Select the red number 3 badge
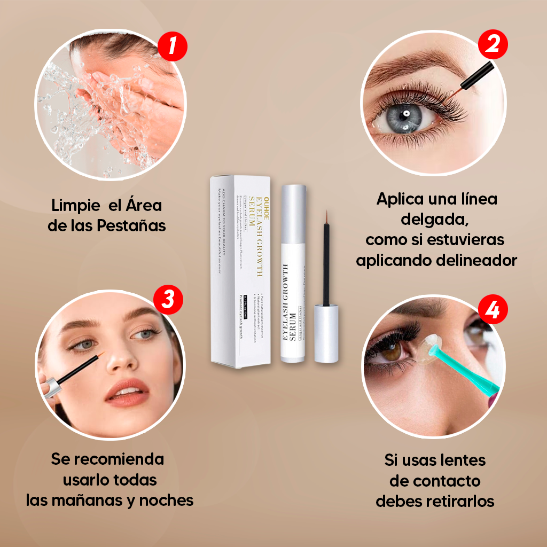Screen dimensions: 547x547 click(x=168, y=300)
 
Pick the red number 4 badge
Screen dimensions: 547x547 click(x=492, y=310)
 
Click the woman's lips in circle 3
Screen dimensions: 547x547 click(x=127, y=394)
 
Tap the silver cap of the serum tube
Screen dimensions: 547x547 click(x=293, y=214)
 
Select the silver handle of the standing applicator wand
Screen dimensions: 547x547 click(x=325, y=333)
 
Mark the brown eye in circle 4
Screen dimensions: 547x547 click(x=394, y=351)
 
